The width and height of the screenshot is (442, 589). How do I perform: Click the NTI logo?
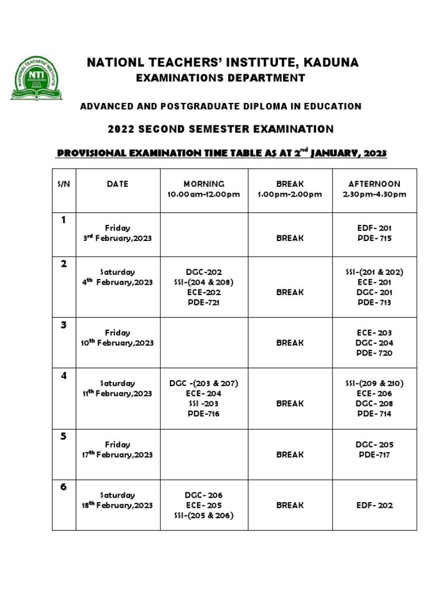click(x=36, y=78)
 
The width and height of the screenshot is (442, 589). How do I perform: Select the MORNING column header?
click(x=204, y=184)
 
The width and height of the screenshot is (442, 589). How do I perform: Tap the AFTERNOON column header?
click(x=374, y=184)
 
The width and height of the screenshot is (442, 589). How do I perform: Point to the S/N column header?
click(x=64, y=184)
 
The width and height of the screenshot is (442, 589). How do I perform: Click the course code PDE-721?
click(x=204, y=303)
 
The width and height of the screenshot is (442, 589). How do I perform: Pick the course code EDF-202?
click(x=374, y=505)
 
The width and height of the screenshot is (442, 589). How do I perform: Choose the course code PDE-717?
click(x=374, y=455)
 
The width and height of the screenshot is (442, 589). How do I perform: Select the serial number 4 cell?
click(x=64, y=376)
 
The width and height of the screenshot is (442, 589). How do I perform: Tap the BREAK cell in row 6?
click(x=290, y=505)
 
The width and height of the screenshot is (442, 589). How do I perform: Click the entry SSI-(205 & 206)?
click(x=204, y=515)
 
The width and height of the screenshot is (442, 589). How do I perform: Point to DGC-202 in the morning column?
click(x=204, y=272)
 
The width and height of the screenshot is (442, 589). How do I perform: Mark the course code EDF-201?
click(x=374, y=228)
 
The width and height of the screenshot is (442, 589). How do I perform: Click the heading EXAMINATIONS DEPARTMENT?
click(x=220, y=78)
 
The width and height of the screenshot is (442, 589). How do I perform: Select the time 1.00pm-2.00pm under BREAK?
click(x=290, y=194)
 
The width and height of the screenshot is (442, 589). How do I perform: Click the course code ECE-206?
click(x=374, y=393)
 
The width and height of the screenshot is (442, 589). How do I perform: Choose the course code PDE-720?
click(x=374, y=353)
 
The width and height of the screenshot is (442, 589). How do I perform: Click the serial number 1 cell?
click(x=64, y=220)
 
